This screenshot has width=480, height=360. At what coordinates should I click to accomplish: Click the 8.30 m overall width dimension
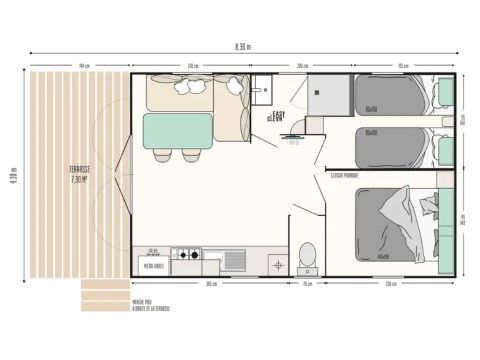pos(242,47)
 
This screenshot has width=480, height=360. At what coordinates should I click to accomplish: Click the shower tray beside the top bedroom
pos(325,97)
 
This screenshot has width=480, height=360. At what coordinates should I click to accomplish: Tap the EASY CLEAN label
pos(275,117)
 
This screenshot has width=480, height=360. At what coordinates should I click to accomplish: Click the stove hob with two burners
pos(186,257)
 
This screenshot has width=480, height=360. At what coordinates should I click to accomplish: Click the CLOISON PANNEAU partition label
pos(343,175)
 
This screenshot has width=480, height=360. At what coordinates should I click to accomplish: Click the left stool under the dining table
pos(161,155)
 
